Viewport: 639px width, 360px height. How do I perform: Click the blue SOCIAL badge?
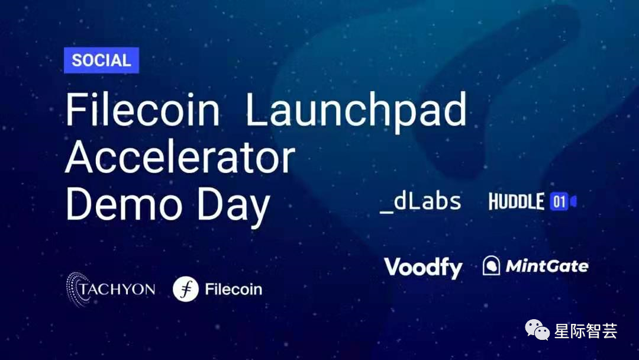coord(101,60)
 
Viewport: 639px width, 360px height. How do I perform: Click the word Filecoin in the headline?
coord(143,110)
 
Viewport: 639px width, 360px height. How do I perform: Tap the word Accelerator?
coord(180,157)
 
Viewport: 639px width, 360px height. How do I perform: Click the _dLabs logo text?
coord(421,201)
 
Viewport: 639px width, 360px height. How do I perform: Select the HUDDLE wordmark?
coord(516,202)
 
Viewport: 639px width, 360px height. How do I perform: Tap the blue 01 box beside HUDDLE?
coord(559,202)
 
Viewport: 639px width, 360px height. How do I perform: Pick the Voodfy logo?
coord(423,268)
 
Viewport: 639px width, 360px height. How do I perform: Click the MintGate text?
coord(547,266)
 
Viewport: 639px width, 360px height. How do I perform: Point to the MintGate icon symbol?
coord(491,266)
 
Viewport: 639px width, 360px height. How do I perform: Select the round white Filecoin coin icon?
coord(185,289)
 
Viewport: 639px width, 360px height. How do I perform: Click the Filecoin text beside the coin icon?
coord(233,290)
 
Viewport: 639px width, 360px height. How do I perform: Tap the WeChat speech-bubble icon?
coord(537,331)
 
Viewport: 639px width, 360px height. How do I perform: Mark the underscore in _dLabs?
coord(386,210)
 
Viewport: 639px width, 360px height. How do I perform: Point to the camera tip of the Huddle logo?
coord(573,202)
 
